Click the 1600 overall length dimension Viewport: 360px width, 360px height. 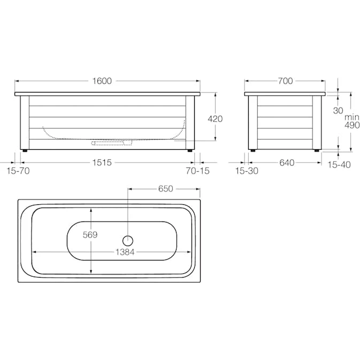click(102, 81)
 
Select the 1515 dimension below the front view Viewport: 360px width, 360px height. click(102, 163)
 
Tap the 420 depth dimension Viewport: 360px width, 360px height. click(215, 119)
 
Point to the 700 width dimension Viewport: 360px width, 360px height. click(286, 81)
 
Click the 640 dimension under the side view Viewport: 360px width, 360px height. click(287, 163)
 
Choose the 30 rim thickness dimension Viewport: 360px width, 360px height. click(338, 111)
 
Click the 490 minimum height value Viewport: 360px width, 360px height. click(352, 125)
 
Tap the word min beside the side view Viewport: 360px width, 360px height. click(352, 117)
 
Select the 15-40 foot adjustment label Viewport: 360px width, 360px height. click(339, 165)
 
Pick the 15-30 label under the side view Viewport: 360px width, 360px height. click(247, 171)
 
